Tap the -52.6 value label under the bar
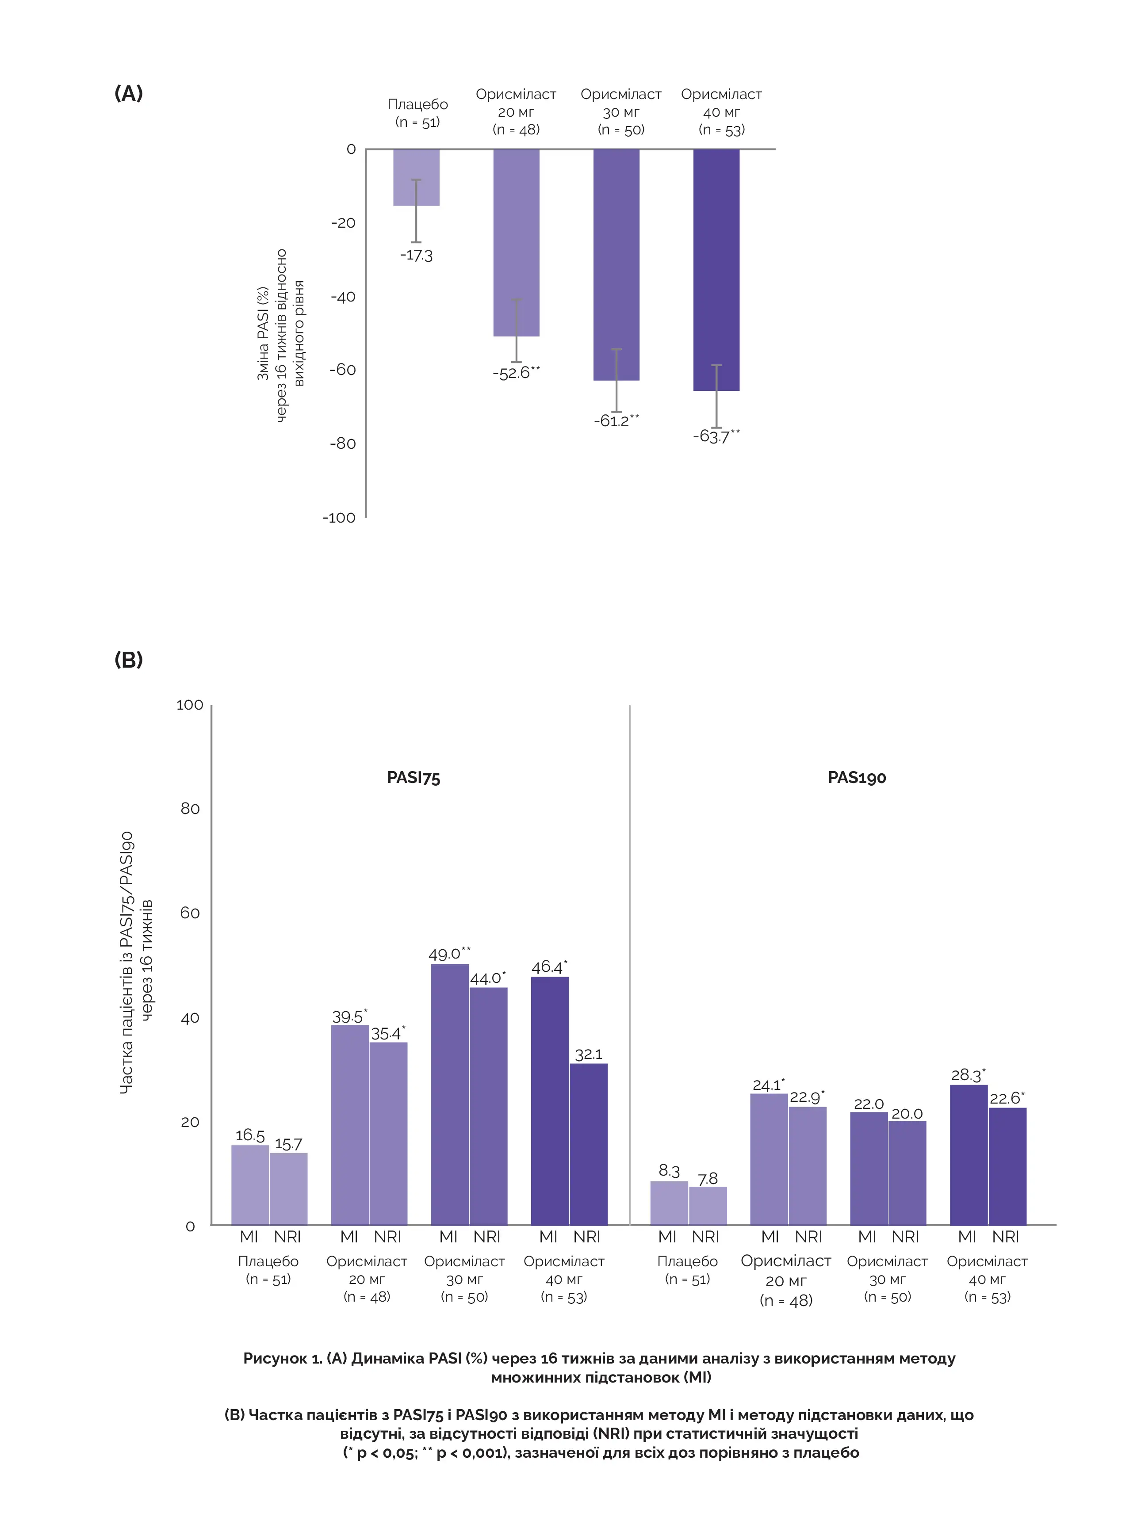point(515,373)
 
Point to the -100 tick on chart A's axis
point(338,518)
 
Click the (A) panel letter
point(128,93)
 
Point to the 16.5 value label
point(250,1136)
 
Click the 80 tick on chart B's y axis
point(190,809)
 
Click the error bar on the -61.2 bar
point(616,380)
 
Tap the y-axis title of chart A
point(280,335)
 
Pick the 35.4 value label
point(387,1034)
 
